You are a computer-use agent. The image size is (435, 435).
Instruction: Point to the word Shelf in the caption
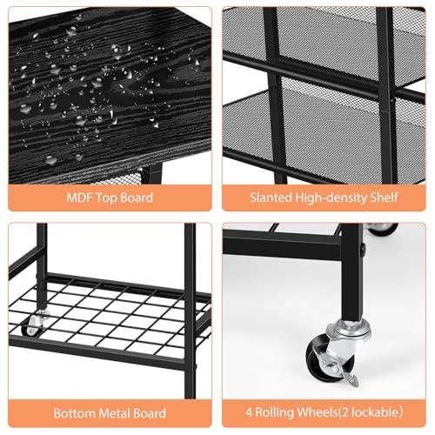pyautogui.click(x=383, y=197)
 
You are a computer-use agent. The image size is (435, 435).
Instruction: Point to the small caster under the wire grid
pyautogui.click(x=34, y=325)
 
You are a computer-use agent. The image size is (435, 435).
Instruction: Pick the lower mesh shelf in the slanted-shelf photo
pyautogui.click(x=322, y=130)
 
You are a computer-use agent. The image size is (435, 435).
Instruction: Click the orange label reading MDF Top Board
pyautogui.click(x=110, y=197)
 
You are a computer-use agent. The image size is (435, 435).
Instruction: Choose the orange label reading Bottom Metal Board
pyautogui.click(x=110, y=412)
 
